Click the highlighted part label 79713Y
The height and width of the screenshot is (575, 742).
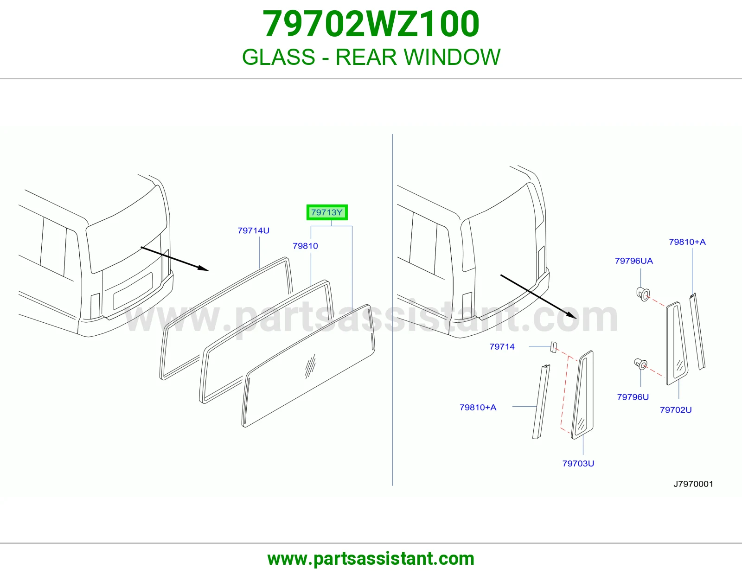327,212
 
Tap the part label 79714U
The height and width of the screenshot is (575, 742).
253,230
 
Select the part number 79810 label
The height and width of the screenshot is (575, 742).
305,246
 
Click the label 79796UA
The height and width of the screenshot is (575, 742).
634,261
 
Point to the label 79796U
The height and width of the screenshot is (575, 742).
633,397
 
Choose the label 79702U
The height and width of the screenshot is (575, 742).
676,410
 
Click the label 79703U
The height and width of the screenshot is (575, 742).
578,463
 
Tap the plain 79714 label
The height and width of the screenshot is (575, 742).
502,346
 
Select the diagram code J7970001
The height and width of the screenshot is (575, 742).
693,484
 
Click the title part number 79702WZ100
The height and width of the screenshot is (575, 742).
371,24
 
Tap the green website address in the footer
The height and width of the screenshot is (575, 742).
371,559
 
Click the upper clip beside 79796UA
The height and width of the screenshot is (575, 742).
643,294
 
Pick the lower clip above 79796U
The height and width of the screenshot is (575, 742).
640,364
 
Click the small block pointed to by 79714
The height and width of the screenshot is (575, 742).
553,346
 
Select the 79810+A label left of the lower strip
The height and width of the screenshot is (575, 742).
478,407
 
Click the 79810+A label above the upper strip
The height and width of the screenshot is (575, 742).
687,242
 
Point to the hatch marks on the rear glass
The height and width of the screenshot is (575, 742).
310,366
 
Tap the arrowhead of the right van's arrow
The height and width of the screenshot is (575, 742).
572,315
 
